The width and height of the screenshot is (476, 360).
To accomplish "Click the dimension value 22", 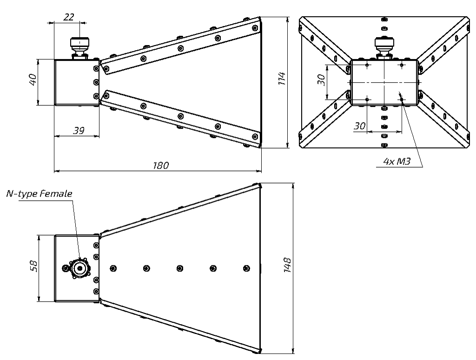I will pos(68,17).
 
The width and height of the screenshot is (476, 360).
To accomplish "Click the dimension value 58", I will pos(33,268).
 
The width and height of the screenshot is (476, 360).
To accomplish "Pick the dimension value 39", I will pos(79,131).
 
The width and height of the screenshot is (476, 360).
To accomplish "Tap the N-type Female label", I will pos(39,194).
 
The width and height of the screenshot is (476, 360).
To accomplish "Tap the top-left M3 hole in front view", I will pos(367,65).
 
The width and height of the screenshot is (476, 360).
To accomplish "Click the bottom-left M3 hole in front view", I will pos(367,99).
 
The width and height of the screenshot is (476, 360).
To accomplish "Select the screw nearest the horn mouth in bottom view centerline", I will pos(246,268).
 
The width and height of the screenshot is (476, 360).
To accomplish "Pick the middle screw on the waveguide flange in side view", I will pos(96,82).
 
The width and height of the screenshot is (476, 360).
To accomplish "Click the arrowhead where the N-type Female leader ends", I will pos(80,261).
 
